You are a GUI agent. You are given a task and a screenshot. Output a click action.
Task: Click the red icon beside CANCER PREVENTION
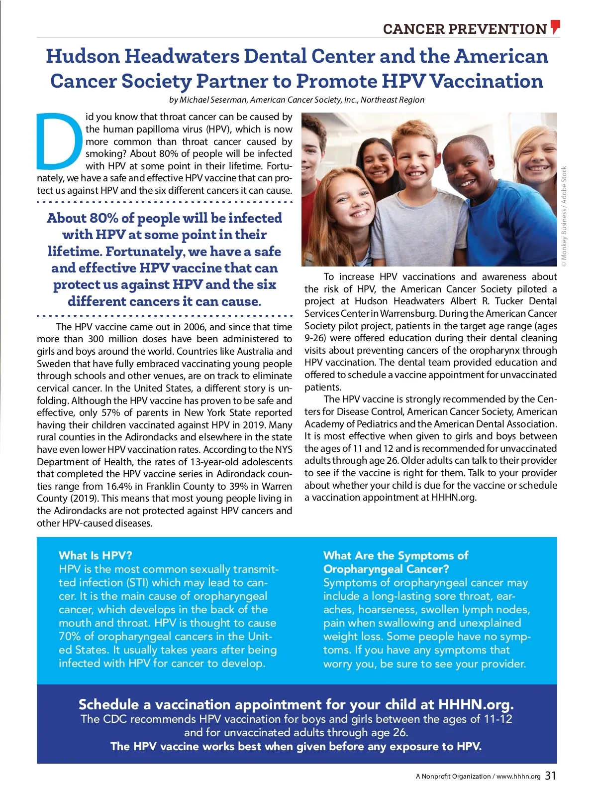[555, 27]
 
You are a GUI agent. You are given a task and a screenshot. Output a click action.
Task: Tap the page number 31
[550, 776]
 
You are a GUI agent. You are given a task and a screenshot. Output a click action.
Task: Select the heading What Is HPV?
[96, 555]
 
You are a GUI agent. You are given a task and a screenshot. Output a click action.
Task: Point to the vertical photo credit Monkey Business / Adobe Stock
[564, 213]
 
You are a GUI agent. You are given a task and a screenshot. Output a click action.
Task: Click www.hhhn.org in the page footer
[518, 776]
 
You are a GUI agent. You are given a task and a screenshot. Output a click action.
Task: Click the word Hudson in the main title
[83, 56]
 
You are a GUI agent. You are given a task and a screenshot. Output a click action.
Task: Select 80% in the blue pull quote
[104, 218]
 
